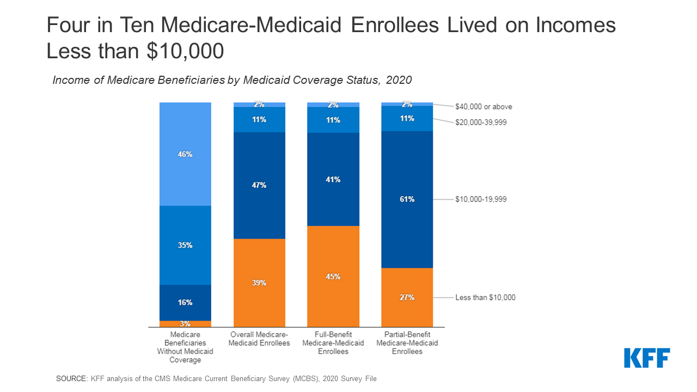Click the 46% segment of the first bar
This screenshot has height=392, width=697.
click(x=185, y=154)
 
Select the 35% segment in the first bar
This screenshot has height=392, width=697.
click(x=185, y=245)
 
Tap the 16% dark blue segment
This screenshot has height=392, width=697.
click(x=185, y=303)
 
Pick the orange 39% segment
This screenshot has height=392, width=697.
click(x=259, y=283)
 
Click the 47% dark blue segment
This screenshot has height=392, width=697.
click(x=259, y=185)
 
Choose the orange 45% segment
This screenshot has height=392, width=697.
click(x=333, y=277)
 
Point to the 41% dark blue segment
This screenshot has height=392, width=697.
click(x=333, y=179)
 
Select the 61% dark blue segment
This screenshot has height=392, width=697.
click(x=407, y=199)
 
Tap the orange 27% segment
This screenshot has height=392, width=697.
click(x=407, y=297)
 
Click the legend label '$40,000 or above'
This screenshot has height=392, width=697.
click(x=484, y=107)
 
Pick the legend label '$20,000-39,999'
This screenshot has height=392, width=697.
click(x=481, y=122)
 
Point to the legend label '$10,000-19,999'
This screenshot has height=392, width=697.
click(x=481, y=199)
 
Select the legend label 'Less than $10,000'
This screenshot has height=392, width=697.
click(x=485, y=298)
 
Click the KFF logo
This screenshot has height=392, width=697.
click(x=647, y=358)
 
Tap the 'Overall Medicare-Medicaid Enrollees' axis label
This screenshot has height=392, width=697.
click(x=259, y=339)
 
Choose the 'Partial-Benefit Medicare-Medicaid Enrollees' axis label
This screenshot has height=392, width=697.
click(x=407, y=344)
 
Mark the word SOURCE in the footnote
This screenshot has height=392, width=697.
click(x=71, y=378)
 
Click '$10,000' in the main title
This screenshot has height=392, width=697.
click(x=185, y=51)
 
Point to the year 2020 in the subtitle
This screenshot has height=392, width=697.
click(x=399, y=80)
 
